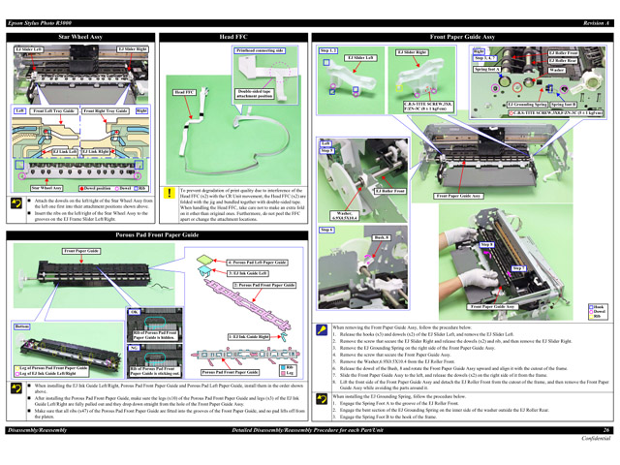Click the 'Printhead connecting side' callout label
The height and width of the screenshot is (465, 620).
tap(259, 49)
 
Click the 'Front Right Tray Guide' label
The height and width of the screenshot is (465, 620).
tap(105, 111)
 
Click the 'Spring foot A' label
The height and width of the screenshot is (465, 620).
tap(486, 70)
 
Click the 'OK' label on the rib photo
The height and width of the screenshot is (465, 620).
tap(135, 311)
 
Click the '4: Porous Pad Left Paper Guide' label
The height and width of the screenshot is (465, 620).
tap(257, 263)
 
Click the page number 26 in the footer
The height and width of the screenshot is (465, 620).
tap(605, 456)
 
